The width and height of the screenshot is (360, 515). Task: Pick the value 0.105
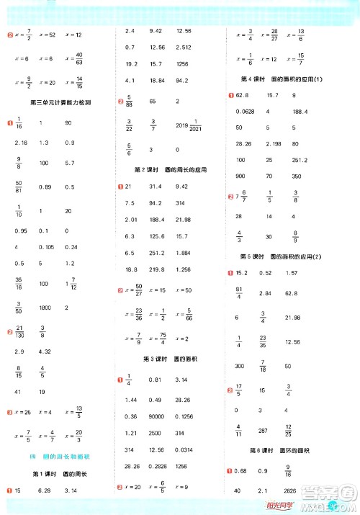[47, 247]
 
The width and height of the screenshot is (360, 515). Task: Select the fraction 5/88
[130, 102]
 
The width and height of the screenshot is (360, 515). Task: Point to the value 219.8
[156, 269]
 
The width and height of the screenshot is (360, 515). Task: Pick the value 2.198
[272, 143]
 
